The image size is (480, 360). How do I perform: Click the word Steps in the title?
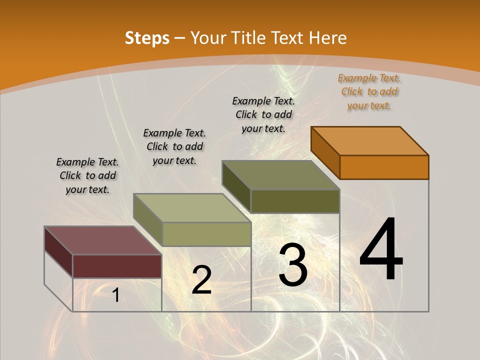click(x=147, y=38)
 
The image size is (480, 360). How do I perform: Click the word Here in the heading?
click(x=327, y=38)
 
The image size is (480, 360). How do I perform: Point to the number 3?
click(x=293, y=265)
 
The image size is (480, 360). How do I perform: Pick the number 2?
click(x=201, y=280)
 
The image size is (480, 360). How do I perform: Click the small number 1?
click(x=115, y=295)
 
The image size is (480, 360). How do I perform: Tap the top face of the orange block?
click(x=370, y=140)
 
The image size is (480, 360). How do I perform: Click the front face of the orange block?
click(x=384, y=167)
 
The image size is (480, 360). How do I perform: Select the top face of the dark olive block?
click(x=281, y=175)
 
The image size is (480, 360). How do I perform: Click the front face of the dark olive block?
click(x=295, y=201)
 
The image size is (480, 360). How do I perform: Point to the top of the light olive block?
click(x=192, y=208)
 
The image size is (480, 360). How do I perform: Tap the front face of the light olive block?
click(x=206, y=234)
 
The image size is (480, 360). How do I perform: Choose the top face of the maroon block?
click(x=103, y=240)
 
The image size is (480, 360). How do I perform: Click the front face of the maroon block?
click(x=117, y=266)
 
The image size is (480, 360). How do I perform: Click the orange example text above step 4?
click(x=369, y=91)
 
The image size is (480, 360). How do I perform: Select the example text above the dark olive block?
click(x=263, y=114)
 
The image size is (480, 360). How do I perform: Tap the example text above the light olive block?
click(x=174, y=146)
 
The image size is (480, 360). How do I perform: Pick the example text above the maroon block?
click(x=87, y=175)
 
